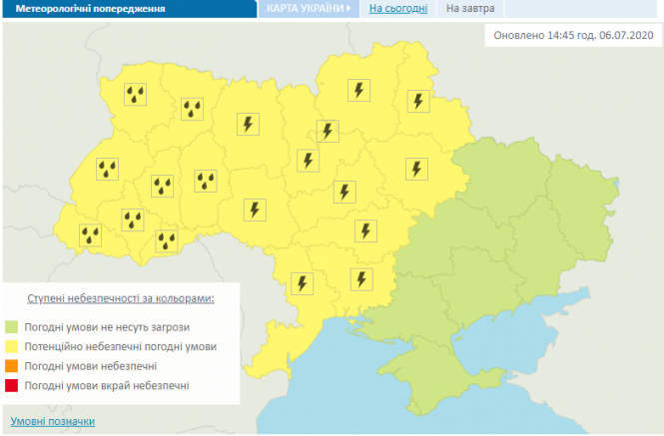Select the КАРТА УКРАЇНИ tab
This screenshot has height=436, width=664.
pyautogui.click(x=306, y=8)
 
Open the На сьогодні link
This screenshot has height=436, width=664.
pyautogui.click(x=398, y=8)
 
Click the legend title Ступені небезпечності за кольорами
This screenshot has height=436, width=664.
pyautogui.click(x=121, y=299)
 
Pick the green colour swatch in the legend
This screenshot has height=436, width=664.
pyautogui.click(x=12, y=326)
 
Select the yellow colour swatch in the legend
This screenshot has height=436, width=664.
pyautogui.click(x=12, y=346)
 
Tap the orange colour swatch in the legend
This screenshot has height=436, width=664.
pyautogui.click(x=12, y=365)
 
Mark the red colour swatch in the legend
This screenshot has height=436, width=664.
pyautogui.click(x=12, y=384)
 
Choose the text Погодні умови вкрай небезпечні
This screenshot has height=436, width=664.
pyautogui.click(x=107, y=384)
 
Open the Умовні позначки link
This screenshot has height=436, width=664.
pyautogui.click(x=53, y=421)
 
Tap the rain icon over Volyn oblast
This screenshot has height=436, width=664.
pyautogui.click(x=135, y=95)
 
